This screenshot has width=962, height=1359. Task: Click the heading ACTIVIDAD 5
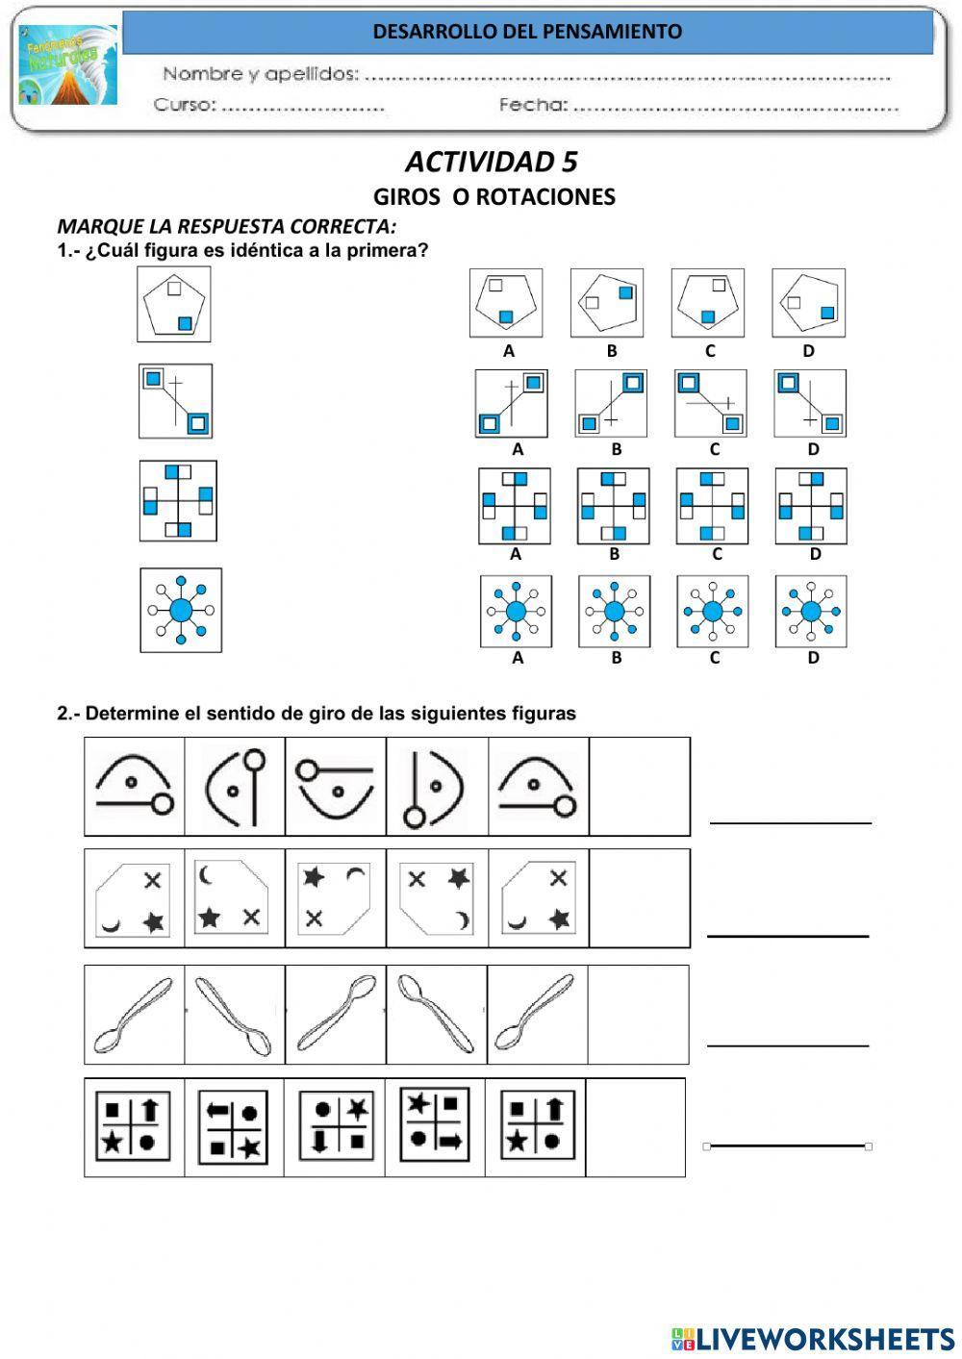tap(491, 162)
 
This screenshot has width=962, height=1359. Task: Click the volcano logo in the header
tap(68, 65)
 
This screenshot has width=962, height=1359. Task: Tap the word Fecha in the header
tap(533, 105)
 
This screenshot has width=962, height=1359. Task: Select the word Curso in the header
tap(184, 105)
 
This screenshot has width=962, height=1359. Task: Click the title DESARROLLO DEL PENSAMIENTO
tap(527, 32)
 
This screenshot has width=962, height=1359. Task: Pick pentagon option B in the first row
tap(606, 303)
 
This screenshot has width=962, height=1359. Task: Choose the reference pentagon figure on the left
tap(174, 305)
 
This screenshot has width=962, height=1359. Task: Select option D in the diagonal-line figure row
tap(810, 404)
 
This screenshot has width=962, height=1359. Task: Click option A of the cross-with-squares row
tap(515, 506)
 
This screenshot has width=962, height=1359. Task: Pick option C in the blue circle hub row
tap(712, 612)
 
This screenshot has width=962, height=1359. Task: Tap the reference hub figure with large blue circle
tap(181, 610)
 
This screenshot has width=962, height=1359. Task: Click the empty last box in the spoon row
tap(638, 1015)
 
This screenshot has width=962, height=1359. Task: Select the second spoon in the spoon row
tap(235, 1015)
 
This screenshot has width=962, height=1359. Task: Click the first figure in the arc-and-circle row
tap(135, 786)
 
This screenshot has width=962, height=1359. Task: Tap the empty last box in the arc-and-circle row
tap(639, 786)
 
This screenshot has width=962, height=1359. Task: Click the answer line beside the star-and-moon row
tap(788, 935)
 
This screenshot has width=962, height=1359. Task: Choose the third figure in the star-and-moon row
tap(336, 898)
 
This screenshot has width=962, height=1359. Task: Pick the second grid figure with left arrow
tap(234, 1127)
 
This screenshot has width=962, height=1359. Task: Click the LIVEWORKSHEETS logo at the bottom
tap(812, 1338)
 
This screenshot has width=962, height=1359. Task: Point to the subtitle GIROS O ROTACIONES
tap(494, 197)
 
